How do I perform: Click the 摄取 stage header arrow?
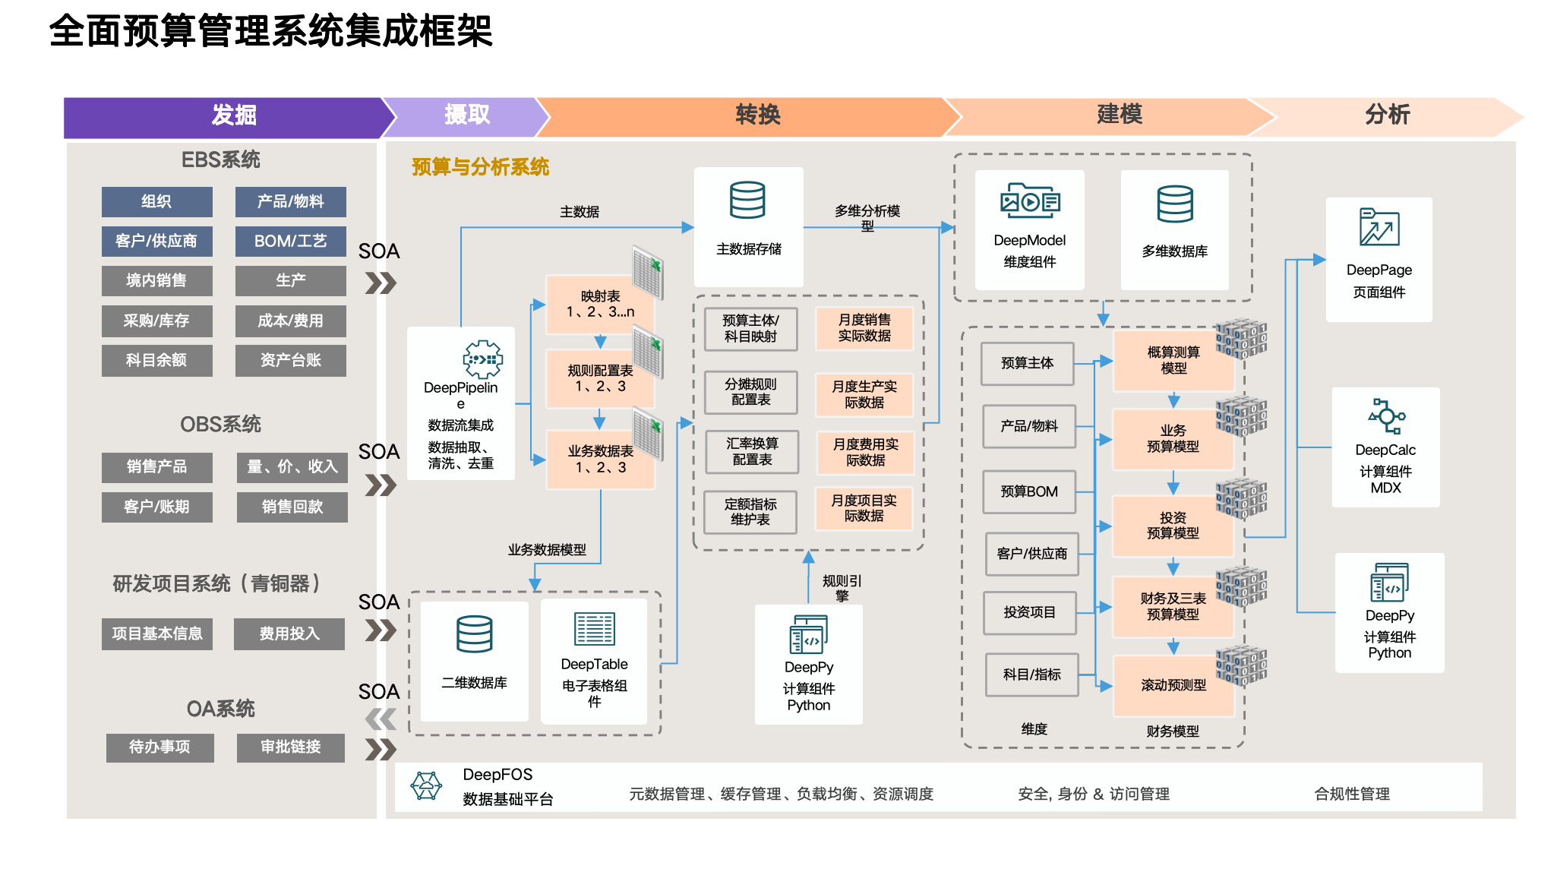coord(466,115)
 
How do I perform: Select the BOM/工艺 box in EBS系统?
coord(290,242)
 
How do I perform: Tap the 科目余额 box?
coord(156,360)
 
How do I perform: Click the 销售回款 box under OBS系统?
coord(292,507)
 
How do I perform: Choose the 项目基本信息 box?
coord(156,633)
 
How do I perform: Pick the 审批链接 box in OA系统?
coord(290,747)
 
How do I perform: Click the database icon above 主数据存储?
coord(747,200)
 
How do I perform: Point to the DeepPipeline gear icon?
coord(482,359)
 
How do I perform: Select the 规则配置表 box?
coord(600,378)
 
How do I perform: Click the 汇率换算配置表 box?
coord(751,451)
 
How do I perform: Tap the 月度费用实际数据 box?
coord(864,452)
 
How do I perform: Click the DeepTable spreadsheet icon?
coord(594,630)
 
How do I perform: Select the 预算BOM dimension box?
coord(1029,491)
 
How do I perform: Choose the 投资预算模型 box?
coord(1173,525)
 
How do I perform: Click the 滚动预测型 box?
coord(1173,684)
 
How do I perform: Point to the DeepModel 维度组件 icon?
coord(1029,201)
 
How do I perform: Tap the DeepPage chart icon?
coord(1379,227)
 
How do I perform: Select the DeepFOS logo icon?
coord(426,785)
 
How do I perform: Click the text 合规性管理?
coord(1352,794)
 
